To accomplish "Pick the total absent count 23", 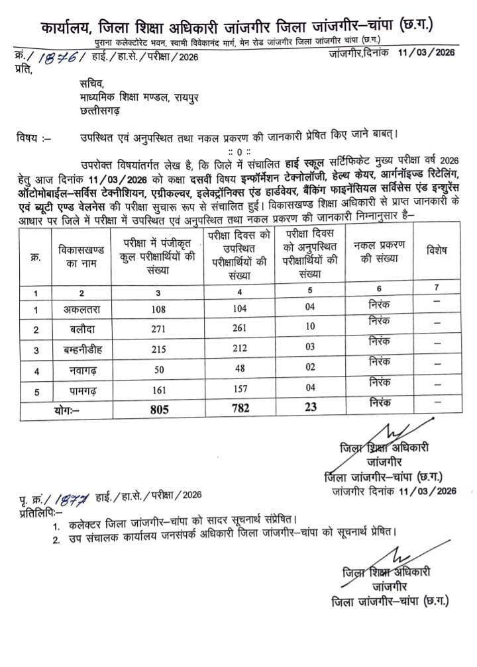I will point(311,409).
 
